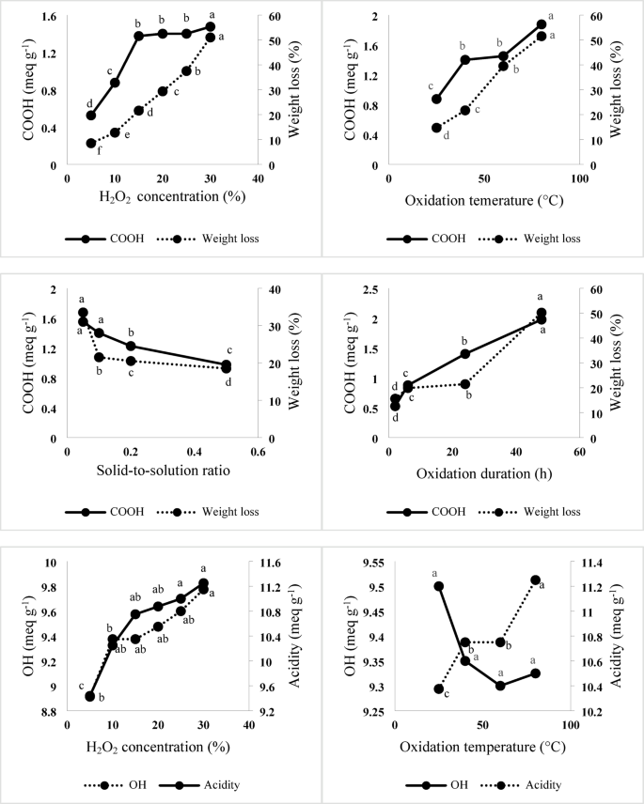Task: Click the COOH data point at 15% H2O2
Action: coord(138,36)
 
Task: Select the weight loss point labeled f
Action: coord(91,143)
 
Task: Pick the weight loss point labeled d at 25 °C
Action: coord(436,128)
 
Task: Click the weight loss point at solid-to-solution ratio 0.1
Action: coord(99,357)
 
